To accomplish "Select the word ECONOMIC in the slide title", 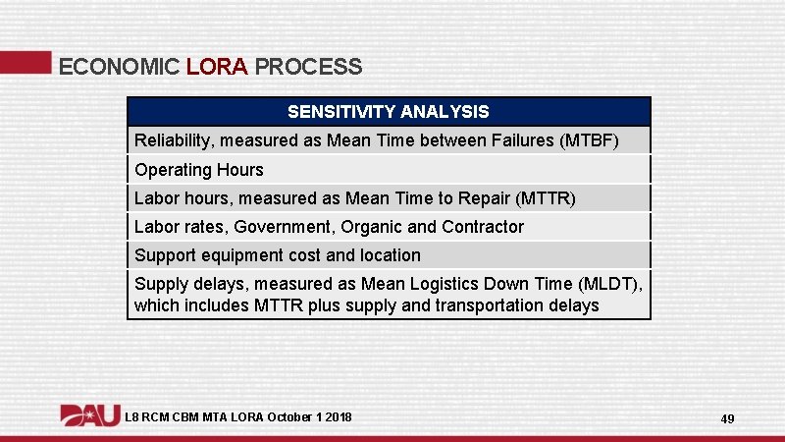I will (119, 67).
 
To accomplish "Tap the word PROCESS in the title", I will (308, 67).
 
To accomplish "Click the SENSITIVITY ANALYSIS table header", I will (389, 112).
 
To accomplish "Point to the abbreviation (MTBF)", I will (589, 141).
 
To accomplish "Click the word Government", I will (283, 227).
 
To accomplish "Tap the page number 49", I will (727, 419).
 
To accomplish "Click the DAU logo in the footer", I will (90, 416).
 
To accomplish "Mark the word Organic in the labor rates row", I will (371, 227).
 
